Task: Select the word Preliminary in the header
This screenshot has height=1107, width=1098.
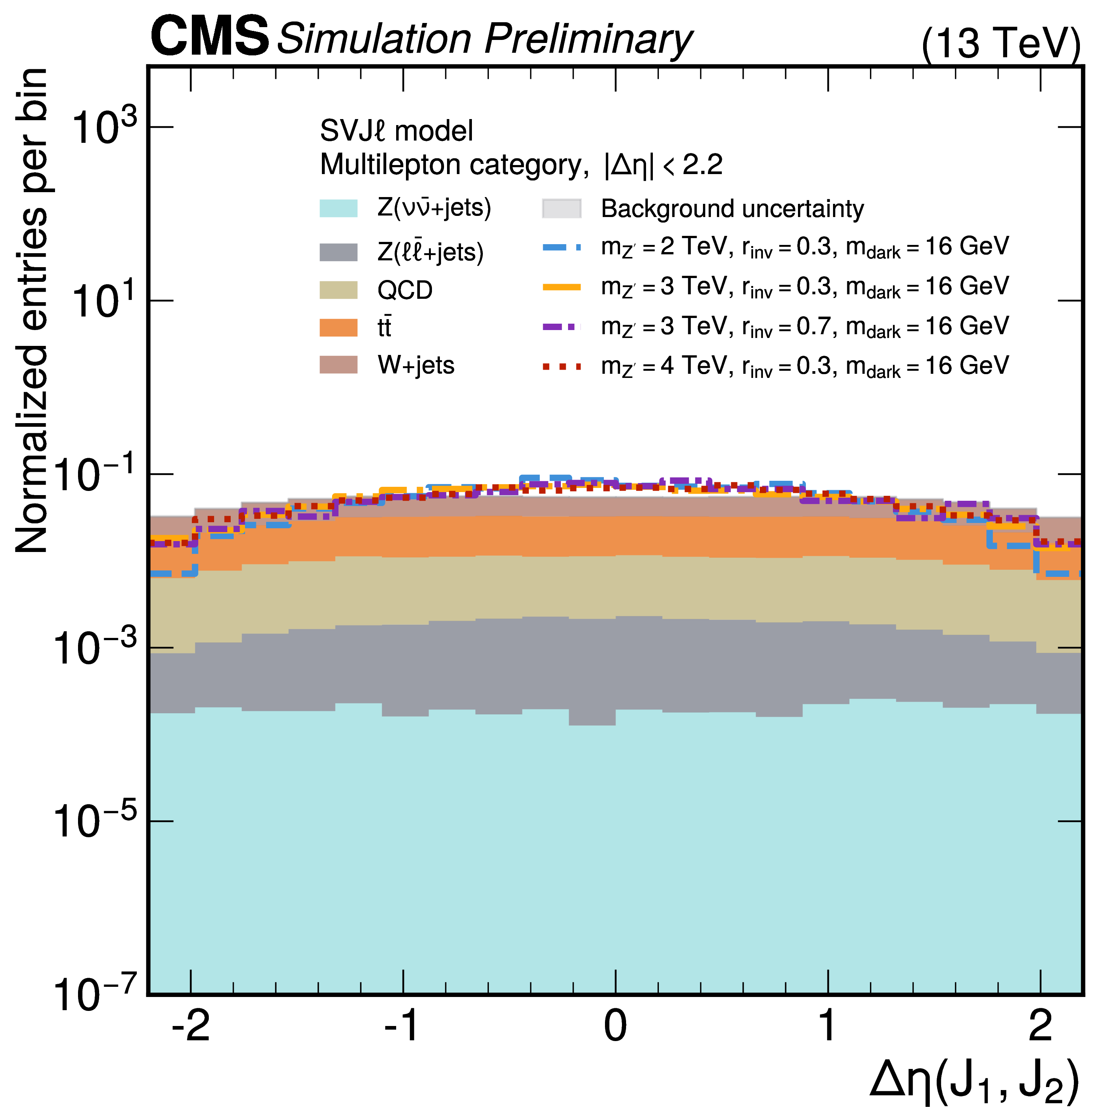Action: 588,39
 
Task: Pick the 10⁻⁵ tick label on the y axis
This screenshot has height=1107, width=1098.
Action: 95,821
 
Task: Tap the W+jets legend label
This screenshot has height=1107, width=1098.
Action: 415,365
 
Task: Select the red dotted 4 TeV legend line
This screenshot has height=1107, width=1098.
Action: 562,367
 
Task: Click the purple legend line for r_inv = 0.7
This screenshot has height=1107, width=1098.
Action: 562,327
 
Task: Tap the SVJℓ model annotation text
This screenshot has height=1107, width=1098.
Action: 396,131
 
